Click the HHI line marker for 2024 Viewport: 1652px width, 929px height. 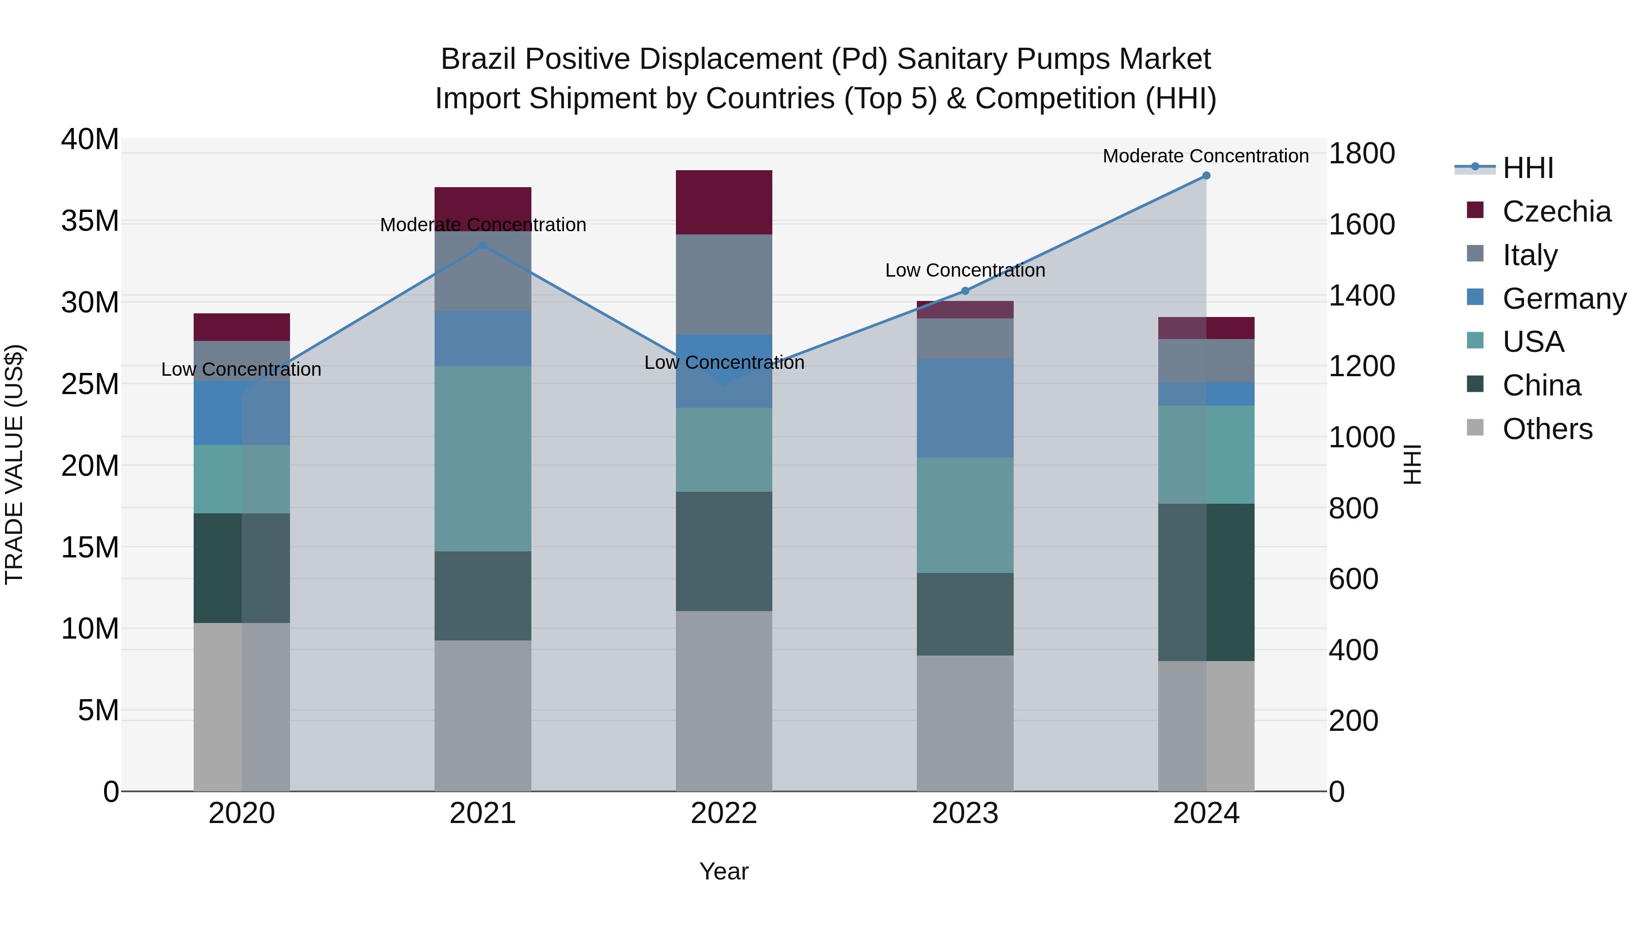coord(1206,176)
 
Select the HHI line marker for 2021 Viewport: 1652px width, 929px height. coord(483,245)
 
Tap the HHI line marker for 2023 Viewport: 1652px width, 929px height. coord(965,291)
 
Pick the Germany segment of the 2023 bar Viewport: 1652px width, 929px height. coord(965,408)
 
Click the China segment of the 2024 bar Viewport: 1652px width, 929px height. coord(1206,582)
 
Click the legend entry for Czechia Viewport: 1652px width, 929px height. coord(1557,211)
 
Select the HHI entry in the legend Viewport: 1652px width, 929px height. coord(1528,168)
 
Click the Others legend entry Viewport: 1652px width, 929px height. coord(1547,429)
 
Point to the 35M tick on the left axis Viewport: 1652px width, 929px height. coord(90,221)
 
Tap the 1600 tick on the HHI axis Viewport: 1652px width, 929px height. coord(1362,225)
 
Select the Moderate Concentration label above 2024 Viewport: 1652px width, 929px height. coord(1206,156)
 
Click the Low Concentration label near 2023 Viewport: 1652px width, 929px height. coord(965,271)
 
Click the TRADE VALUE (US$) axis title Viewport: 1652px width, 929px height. coord(14,464)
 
